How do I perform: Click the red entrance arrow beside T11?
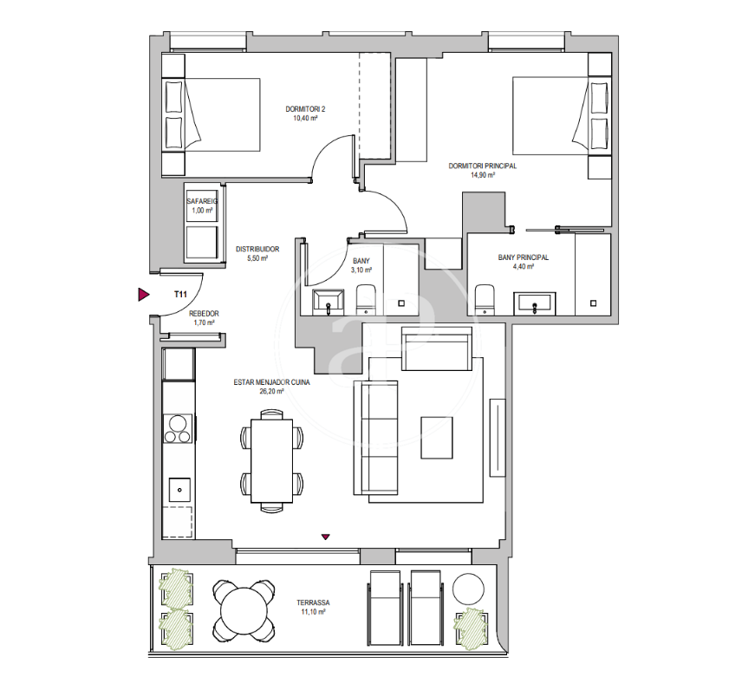point(144,294)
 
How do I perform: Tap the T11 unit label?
point(180,294)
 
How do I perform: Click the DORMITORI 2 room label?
point(305,109)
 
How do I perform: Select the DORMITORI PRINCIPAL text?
point(483,166)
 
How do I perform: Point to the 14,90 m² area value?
point(483,175)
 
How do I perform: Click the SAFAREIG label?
point(202,201)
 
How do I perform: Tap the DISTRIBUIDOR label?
point(257,250)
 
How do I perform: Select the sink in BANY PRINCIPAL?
point(535,303)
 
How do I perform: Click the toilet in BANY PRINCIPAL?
point(485,299)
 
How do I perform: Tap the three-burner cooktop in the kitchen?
point(178,428)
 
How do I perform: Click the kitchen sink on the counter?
point(179,490)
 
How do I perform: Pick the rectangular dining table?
point(272,461)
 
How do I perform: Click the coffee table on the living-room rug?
point(437,438)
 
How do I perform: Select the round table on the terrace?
point(244,611)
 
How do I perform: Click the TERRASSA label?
point(313,602)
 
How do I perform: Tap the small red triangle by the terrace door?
point(326,537)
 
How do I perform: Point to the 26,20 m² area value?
point(271,392)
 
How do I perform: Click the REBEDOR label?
point(205,314)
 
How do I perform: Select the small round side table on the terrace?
point(468,589)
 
